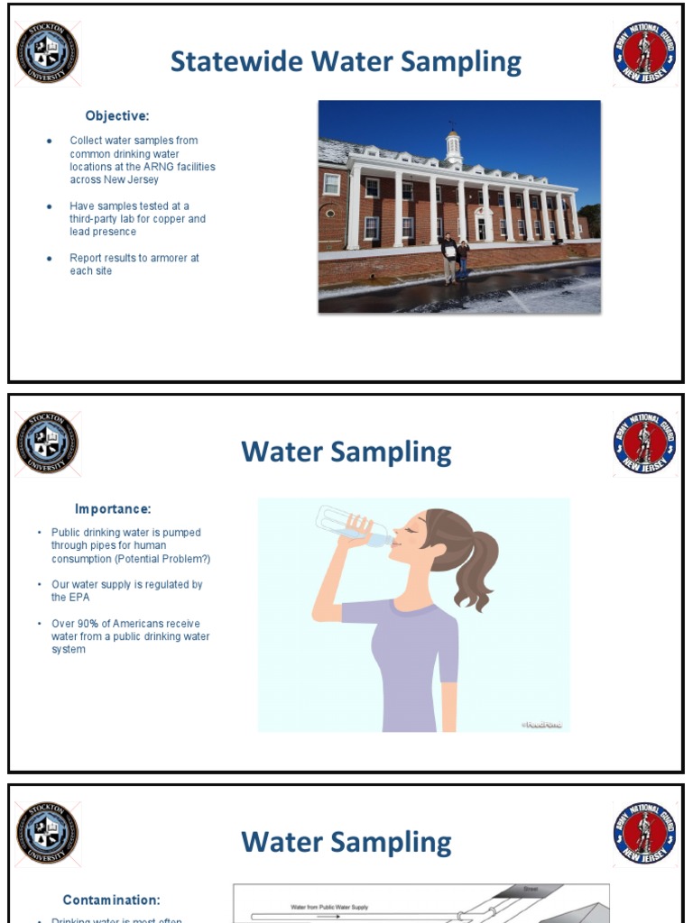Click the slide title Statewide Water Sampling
346,62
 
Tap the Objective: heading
117,115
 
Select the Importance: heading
113,509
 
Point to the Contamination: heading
112,900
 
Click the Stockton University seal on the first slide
48,52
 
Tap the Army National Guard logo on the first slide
645,52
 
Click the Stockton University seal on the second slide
48,443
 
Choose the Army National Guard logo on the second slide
645,443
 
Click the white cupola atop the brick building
453,147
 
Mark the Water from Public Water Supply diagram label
329,907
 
